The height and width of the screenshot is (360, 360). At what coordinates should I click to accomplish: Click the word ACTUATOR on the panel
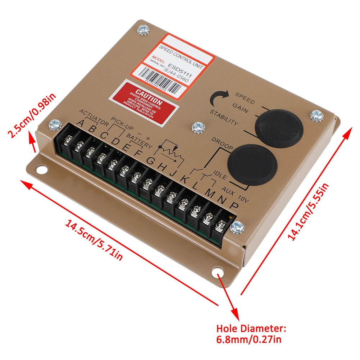(x=94, y=117)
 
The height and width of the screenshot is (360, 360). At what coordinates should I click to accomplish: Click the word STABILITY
(x=224, y=118)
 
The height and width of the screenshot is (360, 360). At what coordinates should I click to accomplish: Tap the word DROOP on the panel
(x=222, y=143)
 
